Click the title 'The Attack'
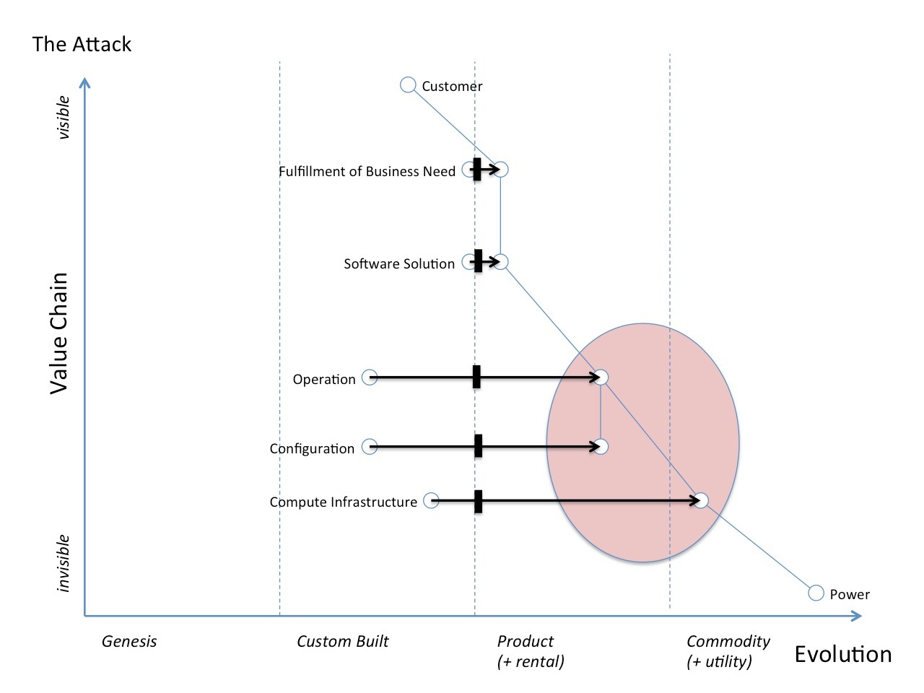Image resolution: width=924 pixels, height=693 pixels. pyautogui.click(x=82, y=44)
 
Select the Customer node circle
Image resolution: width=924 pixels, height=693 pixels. pyautogui.click(x=408, y=85)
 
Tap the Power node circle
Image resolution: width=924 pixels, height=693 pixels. pyautogui.click(x=816, y=593)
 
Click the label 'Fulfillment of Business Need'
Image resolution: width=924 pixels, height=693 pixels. pyautogui.click(x=367, y=171)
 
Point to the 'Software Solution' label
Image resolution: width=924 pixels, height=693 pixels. pyautogui.click(x=399, y=263)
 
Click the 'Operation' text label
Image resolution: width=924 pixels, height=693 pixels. pyautogui.click(x=324, y=379)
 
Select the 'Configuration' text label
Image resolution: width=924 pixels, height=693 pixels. pyautogui.click(x=312, y=448)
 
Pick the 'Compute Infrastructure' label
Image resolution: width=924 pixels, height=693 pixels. pyautogui.click(x=343, y=502)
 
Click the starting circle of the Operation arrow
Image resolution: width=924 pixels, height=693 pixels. pyautogui.click(x=370, y=377)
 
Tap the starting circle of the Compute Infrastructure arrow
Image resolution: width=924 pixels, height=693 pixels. pyautogui.click(x=431, y=500)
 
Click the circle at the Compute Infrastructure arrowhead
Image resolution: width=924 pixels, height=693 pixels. pyautogui.click(x=700, y=500)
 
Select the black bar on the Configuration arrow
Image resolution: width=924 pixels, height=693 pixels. pyautogui.click(x=478, y=446)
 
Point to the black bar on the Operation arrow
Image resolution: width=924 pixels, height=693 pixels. pyautogui.click(x=476, y=377)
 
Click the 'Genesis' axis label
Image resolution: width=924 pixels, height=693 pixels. pyautogui.click(x=129, y=641)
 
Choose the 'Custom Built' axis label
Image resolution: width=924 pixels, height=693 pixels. pyautogui.click(x=342, y=641)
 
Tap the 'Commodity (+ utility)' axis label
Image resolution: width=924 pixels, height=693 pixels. pyautogui.click(x=727, y=650)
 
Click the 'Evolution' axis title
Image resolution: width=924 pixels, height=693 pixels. pyautogui.click(x=842, y=654)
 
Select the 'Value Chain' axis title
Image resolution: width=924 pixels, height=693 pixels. pyautogui.click(x=58, y=333)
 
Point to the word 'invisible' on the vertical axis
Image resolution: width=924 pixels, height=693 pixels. pyautogui.click(x=64, y=563)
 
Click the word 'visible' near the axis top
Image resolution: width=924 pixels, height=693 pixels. pyautogui.click(x=64, y=117)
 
